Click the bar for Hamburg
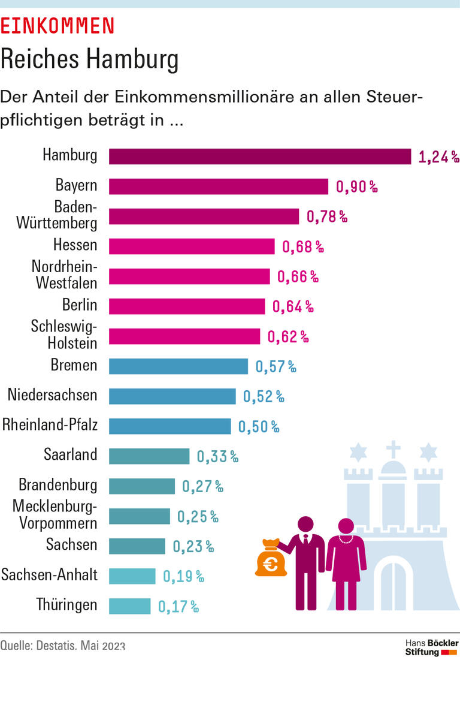pyautogui.click(x=259, y=156)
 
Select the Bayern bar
pyautogui.click(x=218, y=186)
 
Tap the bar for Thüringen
pyautogui.click(x=129, y=606)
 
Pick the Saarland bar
pyautogui.click(x=149, y=456)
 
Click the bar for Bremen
pyautogui.click(x=178, y=366)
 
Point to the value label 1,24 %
pyautogui.click(x=438, y=157)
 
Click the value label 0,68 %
pyautogui.click(x=303, y=246)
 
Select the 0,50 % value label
pyautogui.click(x=259, y=426)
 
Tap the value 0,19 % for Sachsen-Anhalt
pyautogui.click(x=183, y=577)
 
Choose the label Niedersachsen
pyautogui.click(x=52, y=394)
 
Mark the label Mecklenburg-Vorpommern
pyautogui.click(x=55, y=515)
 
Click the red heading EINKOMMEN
pyautogui.click(x=57, y=25)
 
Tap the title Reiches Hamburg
pyautogui.click(x=89, y=59)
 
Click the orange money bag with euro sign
pyautogui.click(x=270, y=559)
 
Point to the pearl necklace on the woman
pyautogui.click(x=346, y=539)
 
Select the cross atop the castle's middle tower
pyautogui.click(x=393, y=448)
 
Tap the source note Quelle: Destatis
pyautogui.click(x=63, y=646)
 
